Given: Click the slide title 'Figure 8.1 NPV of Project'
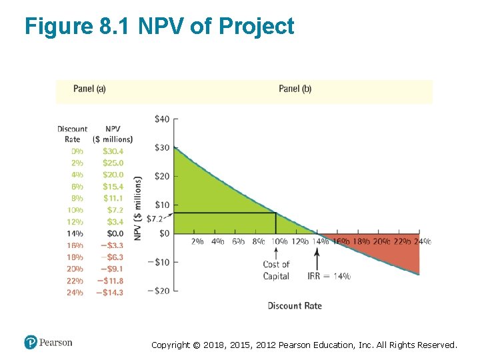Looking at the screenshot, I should click(159, 27).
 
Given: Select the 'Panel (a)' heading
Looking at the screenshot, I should click(89, 89).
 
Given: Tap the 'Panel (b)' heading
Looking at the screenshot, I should click(295, 89).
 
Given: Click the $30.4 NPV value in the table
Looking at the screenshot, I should click(113, 151).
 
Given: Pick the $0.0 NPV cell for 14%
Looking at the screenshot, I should click(115, 233).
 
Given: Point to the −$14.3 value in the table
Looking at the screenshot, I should click(109, 292).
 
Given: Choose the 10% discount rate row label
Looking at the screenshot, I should click(75, 210).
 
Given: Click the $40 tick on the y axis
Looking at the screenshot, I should click(162, 119).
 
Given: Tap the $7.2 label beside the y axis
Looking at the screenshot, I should click(155, 219).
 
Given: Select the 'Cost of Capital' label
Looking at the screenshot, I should click(276, 271).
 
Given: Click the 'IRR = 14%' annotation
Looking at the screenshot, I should click(329, 276).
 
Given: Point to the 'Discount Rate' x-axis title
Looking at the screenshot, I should click(295, 306).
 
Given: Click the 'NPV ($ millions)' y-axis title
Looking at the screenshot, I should click(138, 208).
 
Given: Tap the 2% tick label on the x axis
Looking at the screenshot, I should click(197, 241).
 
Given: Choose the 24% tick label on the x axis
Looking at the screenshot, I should click(422, 241).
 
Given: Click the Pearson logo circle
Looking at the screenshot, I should click(31, 343).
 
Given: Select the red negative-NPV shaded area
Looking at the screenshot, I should click(393, 255).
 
